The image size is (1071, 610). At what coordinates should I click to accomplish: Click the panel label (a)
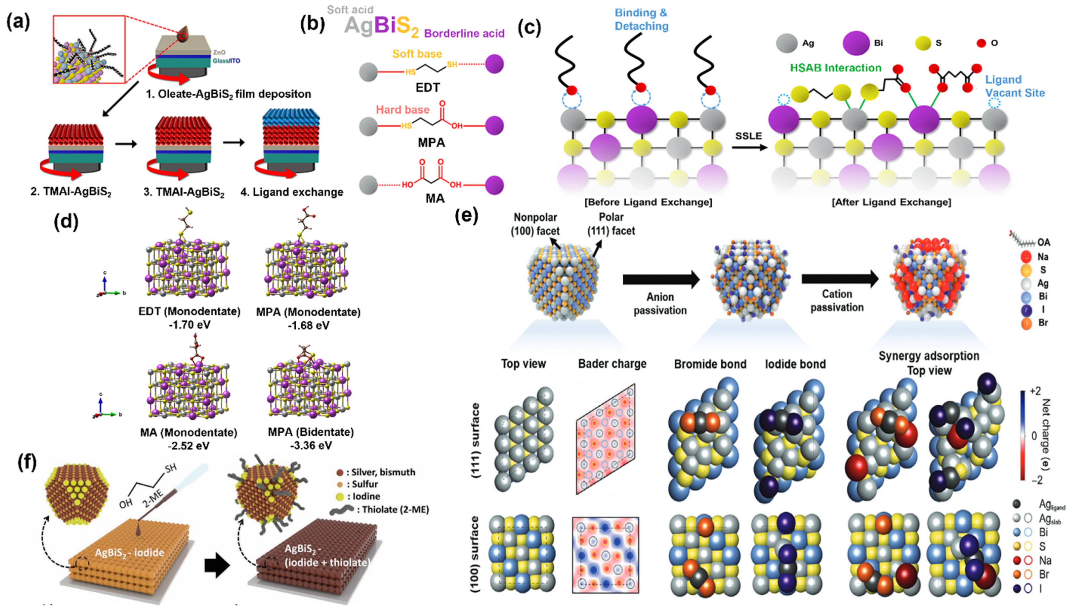click(18, 22)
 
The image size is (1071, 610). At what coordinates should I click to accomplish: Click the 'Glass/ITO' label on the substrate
click(226, 61)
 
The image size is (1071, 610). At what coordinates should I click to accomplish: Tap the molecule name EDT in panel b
click(428, 87)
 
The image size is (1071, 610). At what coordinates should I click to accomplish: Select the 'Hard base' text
click(402, 110)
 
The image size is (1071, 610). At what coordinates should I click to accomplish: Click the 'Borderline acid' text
click(464, 33)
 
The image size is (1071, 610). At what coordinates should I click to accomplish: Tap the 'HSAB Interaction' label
click(835, 68)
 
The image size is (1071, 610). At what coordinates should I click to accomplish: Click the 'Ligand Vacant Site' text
click(1014, 86)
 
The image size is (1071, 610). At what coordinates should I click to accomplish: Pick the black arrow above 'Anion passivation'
click(661, 279)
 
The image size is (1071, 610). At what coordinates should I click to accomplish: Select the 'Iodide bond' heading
click(795, 364)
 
